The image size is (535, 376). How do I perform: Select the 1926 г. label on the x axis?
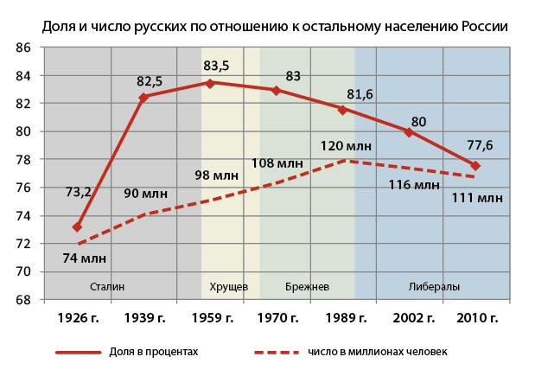[x=77, y=318]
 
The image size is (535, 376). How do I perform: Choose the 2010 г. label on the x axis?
[x=475, y=318]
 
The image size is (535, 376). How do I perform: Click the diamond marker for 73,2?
[x=77, y=227]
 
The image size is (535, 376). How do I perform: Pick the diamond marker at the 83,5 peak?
[x=212, y=83]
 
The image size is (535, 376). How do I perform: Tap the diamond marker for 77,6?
[x=475, y=165]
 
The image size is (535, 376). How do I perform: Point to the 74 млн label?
[x=83, y=257]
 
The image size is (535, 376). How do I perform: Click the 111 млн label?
[x=477, y=199]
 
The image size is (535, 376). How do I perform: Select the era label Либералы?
[x=433, y=286]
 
